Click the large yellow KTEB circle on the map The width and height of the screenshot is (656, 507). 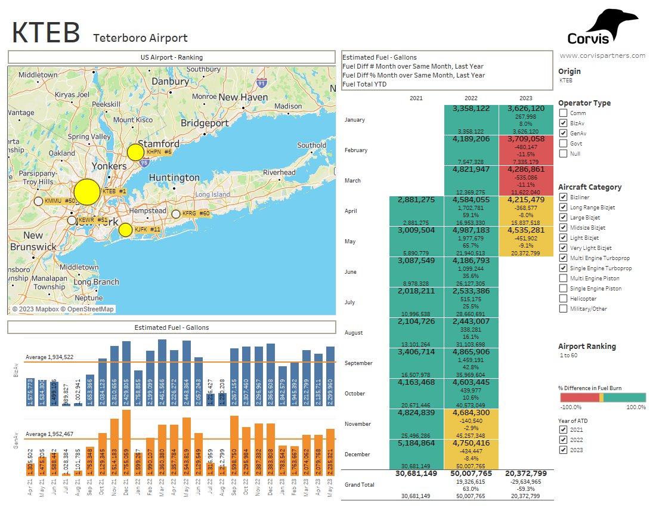86,191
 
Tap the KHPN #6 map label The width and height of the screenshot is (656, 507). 159,153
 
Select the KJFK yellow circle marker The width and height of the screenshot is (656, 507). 125,230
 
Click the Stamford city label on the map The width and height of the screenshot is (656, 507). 159,144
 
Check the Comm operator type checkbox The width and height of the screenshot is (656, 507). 563,113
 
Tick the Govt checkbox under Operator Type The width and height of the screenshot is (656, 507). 563,144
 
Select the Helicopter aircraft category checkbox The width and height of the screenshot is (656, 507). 563,299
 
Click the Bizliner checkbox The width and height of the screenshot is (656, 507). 563,197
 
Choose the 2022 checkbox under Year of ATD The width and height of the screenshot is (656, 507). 563,440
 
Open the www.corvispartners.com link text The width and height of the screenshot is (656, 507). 602,55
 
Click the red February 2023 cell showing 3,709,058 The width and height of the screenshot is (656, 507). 525,150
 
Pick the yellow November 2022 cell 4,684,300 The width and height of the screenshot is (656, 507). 471,423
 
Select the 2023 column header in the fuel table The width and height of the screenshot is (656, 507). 525,98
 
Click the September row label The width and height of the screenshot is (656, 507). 359,363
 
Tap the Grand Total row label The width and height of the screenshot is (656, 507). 359,485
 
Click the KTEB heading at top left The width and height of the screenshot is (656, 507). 46,33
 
